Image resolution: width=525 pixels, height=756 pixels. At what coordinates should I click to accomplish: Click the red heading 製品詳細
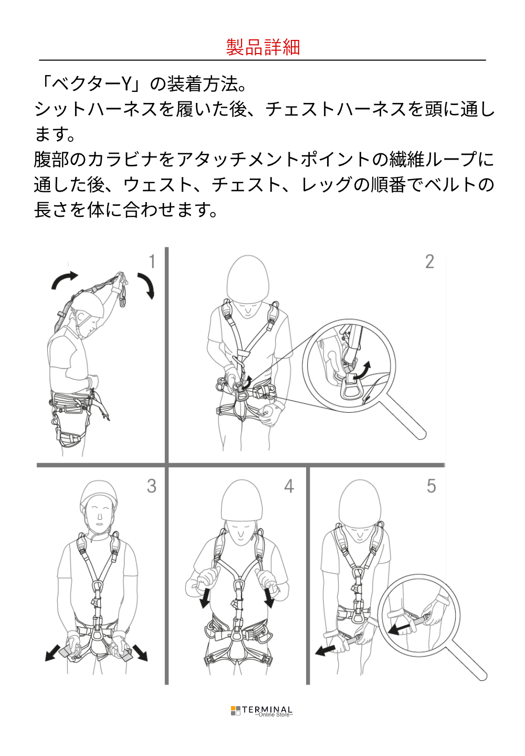(x=262, y=47)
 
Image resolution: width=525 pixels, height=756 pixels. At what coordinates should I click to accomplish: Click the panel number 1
(x=152, y=261)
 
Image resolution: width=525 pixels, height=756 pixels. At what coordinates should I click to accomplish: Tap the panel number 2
(x=429, y=261)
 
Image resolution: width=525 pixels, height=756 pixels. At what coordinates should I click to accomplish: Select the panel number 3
(x=152, y=486)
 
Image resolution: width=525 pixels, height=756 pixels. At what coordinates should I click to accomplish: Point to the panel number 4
(x=289, y=486)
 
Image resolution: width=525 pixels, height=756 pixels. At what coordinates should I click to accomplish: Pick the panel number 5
(x=431, y=486)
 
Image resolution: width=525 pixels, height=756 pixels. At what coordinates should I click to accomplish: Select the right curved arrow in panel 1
(x=147, y=284)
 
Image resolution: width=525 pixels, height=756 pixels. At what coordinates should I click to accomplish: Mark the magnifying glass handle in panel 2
(x=407, y=418)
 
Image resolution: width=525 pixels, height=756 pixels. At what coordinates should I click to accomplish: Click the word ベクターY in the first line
(x=91, y=85)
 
